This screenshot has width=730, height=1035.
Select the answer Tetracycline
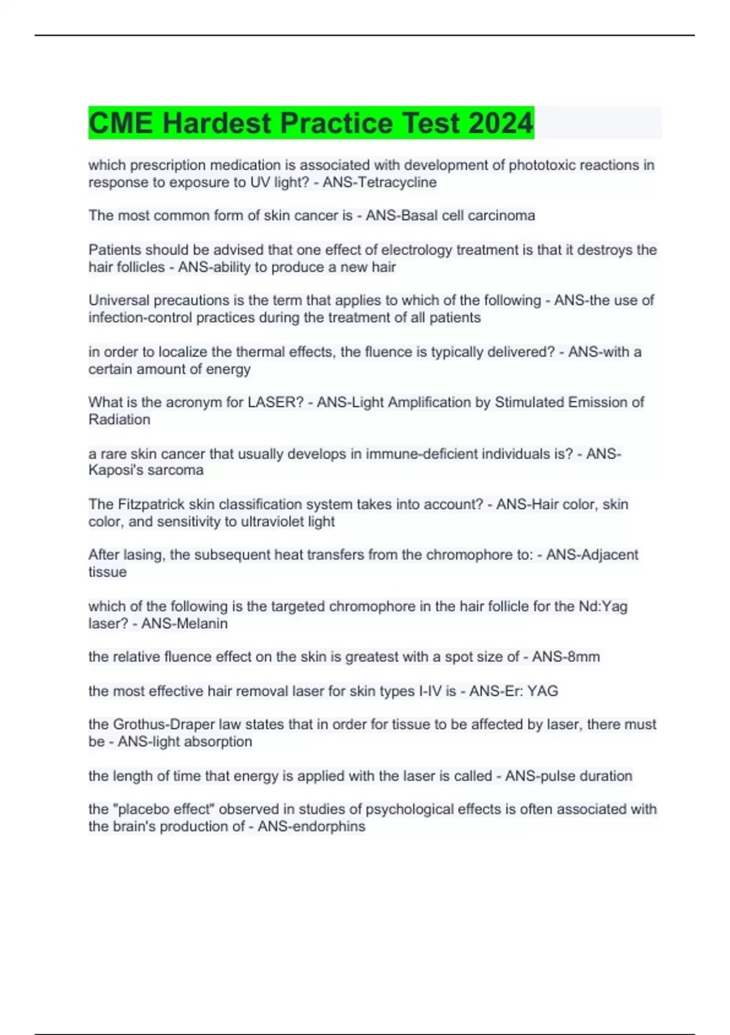(396, 182)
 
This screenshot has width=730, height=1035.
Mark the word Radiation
(119, 419)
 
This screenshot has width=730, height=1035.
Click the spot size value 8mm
(583, 657)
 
